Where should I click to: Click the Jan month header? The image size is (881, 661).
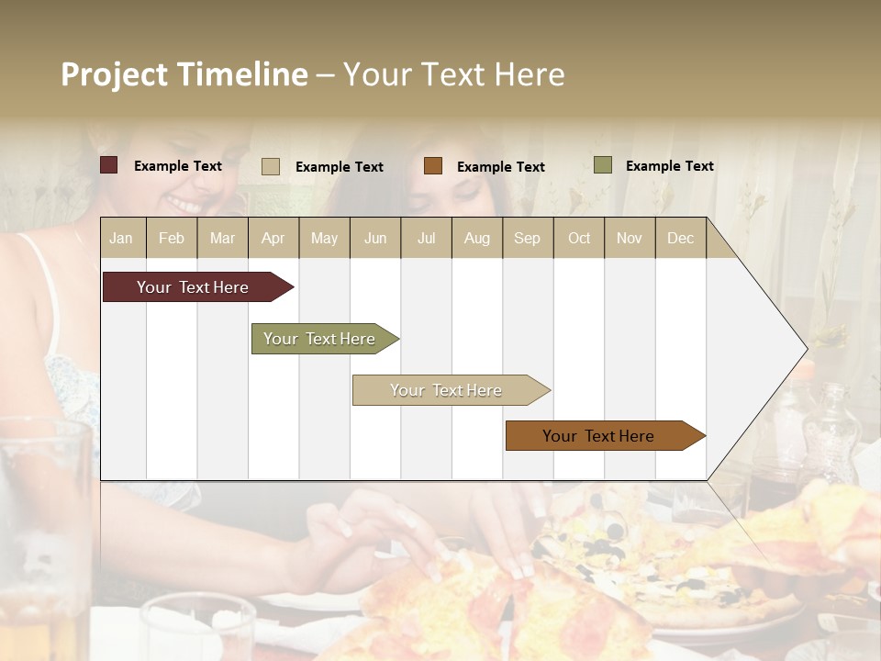tap(121, 239)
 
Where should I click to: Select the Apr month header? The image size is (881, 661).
tap(273, 239)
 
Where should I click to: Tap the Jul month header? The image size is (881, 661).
tap(427, 239)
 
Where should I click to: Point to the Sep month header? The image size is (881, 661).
tap(527, 239)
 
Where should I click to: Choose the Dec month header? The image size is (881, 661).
tap(680, 239)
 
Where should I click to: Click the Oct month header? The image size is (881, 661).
tap(579, 239)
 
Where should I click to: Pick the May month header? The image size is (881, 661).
tap(324, 239)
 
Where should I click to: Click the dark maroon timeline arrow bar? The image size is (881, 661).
tap(194, 287)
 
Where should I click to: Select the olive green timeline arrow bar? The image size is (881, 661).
tap(319, 339)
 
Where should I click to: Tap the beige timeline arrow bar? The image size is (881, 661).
tap(446, 390)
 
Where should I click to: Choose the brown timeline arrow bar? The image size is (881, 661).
tap(598, 436)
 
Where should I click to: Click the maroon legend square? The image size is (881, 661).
tap(109, 165)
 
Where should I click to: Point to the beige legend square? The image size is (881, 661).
tap(271, 166)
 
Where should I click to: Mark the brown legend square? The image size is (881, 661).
tap(433, 166)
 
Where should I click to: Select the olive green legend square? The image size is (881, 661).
tap(603, 165)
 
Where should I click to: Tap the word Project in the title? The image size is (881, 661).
tap(115, 74)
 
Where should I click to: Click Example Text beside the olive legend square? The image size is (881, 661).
tap(669, 166)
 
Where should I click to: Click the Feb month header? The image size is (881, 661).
tap(172, 239)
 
